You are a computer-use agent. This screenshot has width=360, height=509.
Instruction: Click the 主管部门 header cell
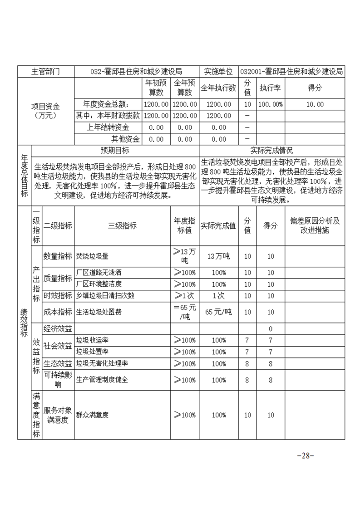tap(45, 72)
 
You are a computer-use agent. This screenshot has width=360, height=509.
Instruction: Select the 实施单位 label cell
tap(218, 72)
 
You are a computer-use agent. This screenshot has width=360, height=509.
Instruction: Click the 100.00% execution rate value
tap(270, 104)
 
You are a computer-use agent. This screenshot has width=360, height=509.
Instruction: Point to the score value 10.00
tap(315, 104)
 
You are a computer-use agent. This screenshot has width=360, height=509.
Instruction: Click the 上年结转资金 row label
tap(108, 127)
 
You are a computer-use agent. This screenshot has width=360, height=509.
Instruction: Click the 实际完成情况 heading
tap(271, 151)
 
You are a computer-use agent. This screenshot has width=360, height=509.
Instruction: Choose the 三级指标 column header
tap(122, 226)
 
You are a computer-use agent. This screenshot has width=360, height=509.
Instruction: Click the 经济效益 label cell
tap(58, 328)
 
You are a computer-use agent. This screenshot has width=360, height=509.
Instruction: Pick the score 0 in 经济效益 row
tap(271, 328)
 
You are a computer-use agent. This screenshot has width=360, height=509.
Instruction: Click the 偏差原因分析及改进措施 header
tap(315, 226)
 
